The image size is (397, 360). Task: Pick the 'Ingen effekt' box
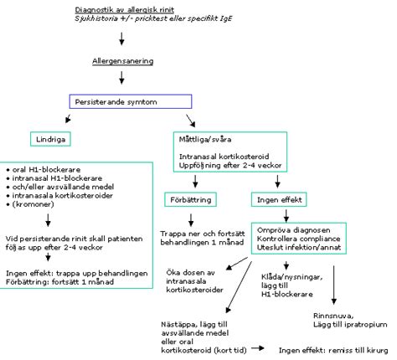[277, 199]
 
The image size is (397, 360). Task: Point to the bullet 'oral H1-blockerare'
[43, 168]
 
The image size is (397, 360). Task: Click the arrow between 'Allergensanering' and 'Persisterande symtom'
[122, 78]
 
